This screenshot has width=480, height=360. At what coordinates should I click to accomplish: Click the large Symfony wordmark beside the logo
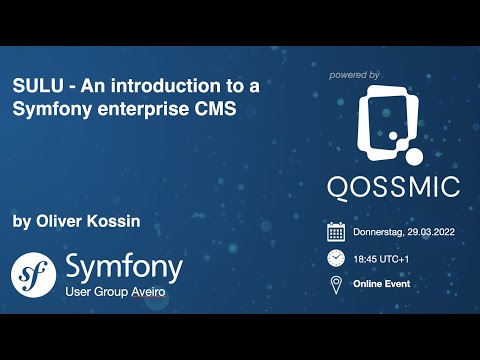123,266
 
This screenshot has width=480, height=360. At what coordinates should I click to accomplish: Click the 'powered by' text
354,75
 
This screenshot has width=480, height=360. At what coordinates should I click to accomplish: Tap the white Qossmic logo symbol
392,126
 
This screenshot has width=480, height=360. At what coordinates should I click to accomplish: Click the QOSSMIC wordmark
393,186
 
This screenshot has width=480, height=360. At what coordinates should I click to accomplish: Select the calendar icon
336,232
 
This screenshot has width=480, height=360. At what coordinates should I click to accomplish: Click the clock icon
336,258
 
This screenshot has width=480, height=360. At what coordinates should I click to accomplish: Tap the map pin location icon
336,284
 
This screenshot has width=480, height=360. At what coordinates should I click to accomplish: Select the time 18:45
367,258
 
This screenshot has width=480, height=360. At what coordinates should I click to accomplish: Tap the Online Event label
382,284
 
